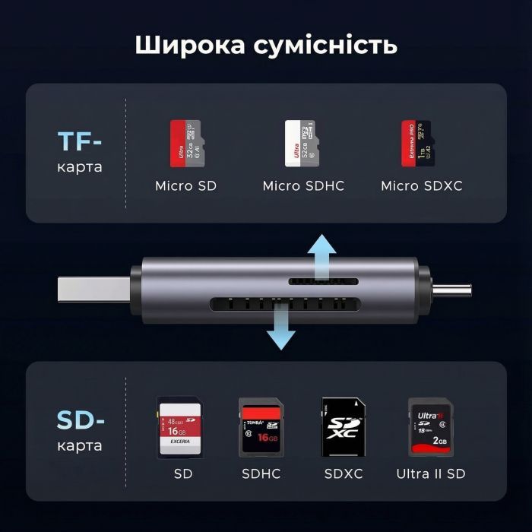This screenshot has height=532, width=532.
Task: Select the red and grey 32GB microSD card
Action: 188,144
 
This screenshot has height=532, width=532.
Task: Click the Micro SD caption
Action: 186,185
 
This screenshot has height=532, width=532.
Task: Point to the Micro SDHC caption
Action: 303,185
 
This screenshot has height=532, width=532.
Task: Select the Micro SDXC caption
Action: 421,185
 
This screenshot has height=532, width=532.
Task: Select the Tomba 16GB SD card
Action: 260,427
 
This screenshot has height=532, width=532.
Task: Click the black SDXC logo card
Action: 343,428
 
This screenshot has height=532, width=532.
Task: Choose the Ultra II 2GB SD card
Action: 429,428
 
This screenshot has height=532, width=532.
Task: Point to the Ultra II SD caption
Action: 430,474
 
